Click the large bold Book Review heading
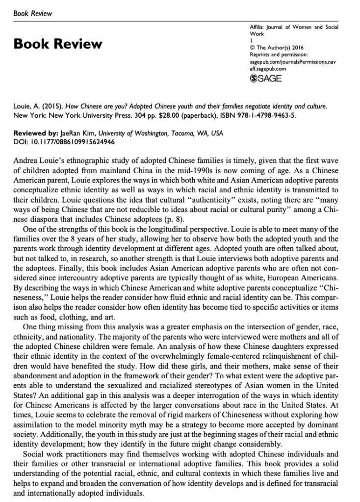(58, 44)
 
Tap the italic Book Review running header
(32, 13)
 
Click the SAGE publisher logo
(266, 79)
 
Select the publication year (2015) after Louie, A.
(47, 106)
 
